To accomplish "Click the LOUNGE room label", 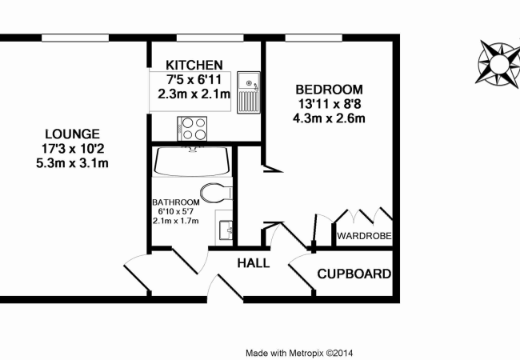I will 73,134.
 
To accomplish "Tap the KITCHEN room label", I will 194,65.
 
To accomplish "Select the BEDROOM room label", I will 329,89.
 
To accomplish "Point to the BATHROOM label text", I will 176,202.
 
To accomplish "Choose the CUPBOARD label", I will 354,274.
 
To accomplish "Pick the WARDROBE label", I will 362,236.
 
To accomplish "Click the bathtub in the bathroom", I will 192,162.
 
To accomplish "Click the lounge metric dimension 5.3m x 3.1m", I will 73,163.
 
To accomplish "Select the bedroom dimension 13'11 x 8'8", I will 329,104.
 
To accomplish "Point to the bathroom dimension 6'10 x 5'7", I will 176,211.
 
